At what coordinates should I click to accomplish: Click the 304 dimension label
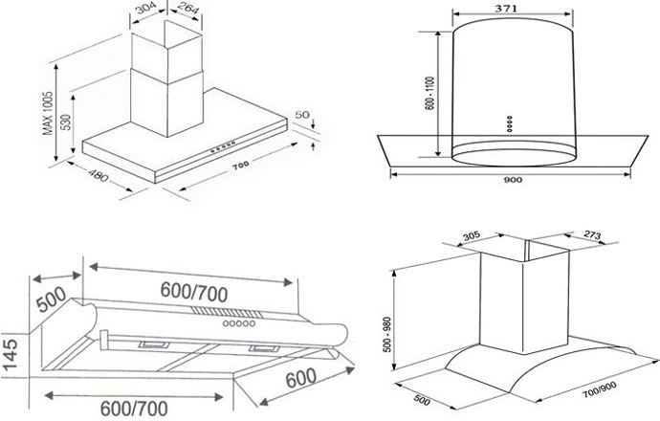point(146,10)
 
